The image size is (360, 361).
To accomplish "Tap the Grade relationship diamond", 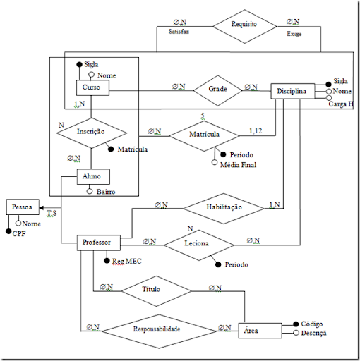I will point(217,90).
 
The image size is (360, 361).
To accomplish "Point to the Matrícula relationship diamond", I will point(205,133).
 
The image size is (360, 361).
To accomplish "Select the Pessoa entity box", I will point(23,207).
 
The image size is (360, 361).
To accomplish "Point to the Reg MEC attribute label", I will point(128,262).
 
